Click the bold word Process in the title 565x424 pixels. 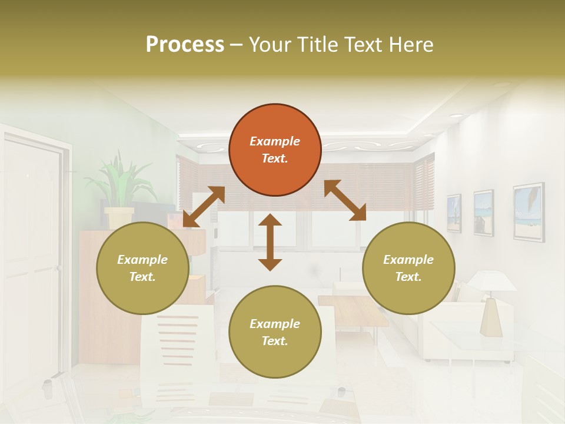[185, 45]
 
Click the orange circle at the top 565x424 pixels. [275, 150]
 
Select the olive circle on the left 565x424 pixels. [142, 268]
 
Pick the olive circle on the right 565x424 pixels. [408, 268]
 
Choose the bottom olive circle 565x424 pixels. [275, 332]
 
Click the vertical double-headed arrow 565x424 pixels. [270, 243]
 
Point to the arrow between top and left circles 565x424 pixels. [204, 207]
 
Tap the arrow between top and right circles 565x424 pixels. [345, 201]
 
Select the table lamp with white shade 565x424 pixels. [491, 300]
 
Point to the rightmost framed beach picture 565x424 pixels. [528, 211]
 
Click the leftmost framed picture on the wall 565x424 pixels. [454, 213]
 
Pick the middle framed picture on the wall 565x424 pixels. [483, 213]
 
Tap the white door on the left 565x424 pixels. [32, 259]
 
